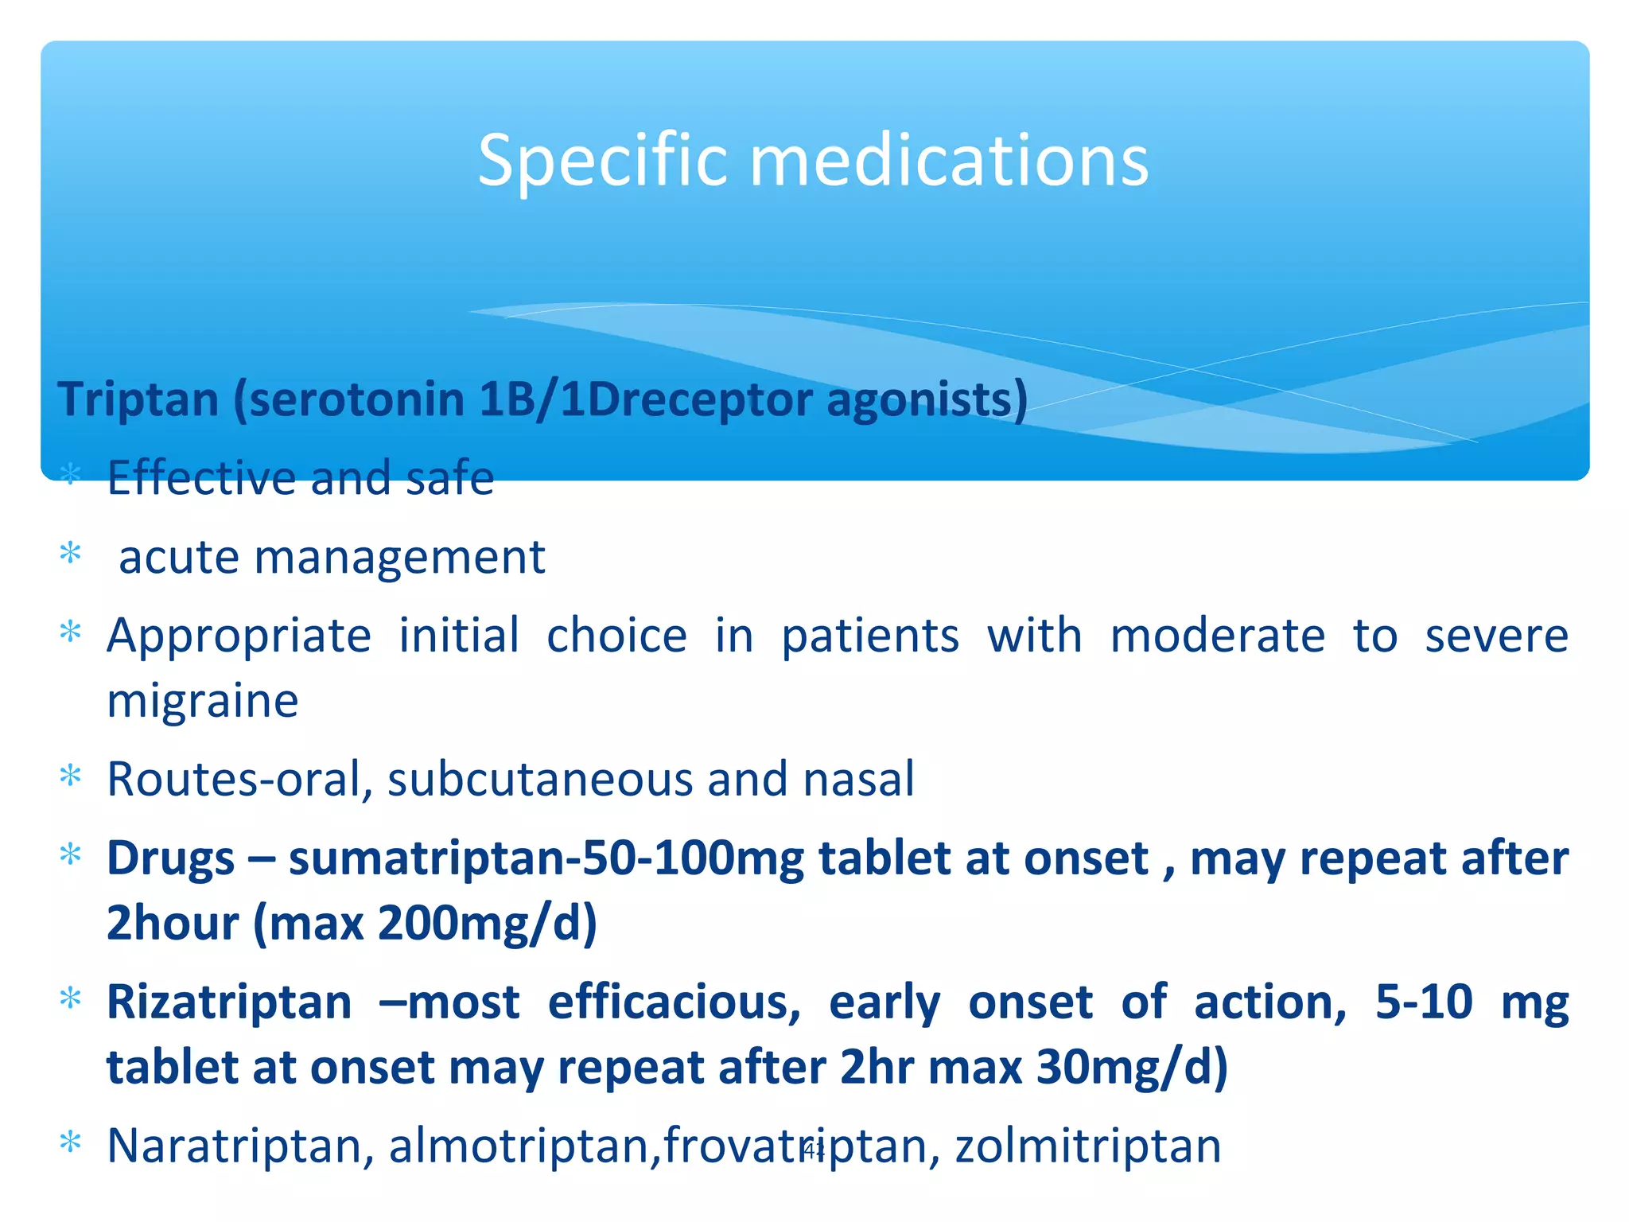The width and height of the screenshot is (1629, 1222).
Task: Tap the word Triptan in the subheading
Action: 138,399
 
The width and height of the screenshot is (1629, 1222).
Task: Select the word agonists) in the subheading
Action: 927,400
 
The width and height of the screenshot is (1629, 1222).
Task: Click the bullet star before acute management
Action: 71,553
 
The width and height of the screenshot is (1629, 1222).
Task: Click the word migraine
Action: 203,701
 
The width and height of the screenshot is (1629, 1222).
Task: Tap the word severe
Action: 1495,636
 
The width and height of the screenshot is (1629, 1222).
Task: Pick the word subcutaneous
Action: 540,779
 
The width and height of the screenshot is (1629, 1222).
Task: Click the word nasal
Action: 858,779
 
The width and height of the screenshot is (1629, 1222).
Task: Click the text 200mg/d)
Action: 487,924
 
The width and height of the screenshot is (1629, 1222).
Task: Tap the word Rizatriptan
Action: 229,1002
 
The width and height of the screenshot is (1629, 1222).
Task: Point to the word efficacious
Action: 673,1002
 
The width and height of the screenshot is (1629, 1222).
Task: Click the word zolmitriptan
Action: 1087,1146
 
